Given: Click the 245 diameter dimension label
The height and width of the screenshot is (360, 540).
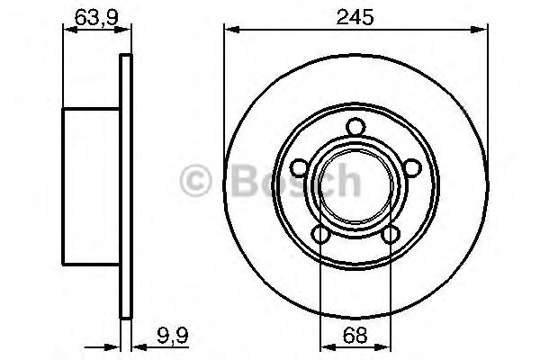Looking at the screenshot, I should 355,15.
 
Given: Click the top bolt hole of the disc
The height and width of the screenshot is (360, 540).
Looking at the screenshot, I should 355,127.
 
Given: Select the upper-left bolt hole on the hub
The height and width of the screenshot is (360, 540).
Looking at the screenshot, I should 301,167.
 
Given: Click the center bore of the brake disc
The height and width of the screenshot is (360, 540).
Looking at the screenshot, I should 355,187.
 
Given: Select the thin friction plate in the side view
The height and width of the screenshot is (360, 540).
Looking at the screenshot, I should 126,187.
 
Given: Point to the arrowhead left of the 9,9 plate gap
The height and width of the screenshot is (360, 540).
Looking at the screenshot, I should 115,345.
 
